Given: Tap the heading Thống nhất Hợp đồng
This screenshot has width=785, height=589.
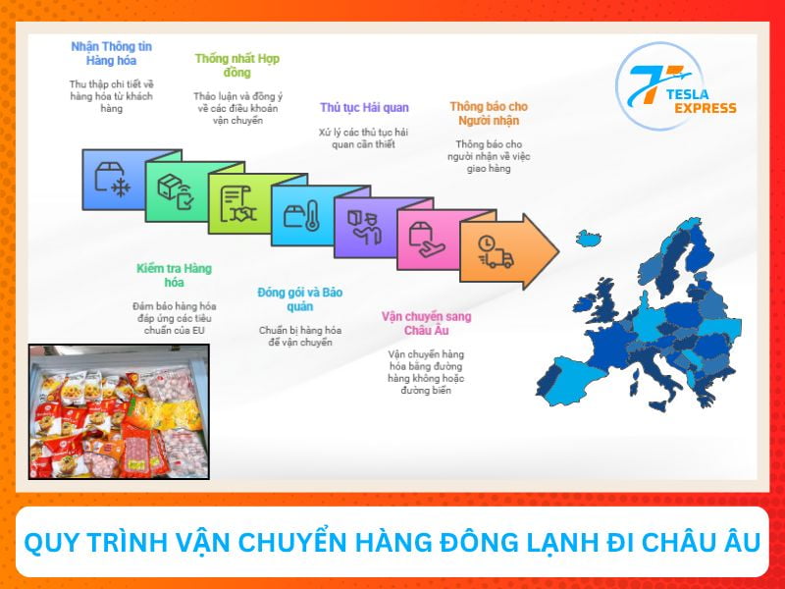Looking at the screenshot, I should pos(236,66).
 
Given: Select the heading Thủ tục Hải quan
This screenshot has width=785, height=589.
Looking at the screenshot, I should pos(364,107).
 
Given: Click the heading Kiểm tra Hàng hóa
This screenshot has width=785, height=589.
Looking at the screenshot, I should pos(174,276).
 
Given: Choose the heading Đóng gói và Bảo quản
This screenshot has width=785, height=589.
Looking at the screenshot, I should pos(299,298).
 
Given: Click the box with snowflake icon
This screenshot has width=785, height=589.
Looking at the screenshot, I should pos(112,181).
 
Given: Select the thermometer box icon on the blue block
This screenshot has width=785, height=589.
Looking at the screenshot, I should pos(301,215).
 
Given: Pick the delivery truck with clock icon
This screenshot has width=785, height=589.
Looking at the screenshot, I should pos(494,251).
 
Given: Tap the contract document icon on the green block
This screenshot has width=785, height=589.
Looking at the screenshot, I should pos(237,202).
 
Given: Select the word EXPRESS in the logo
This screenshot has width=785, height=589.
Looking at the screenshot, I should pos(705,108).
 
